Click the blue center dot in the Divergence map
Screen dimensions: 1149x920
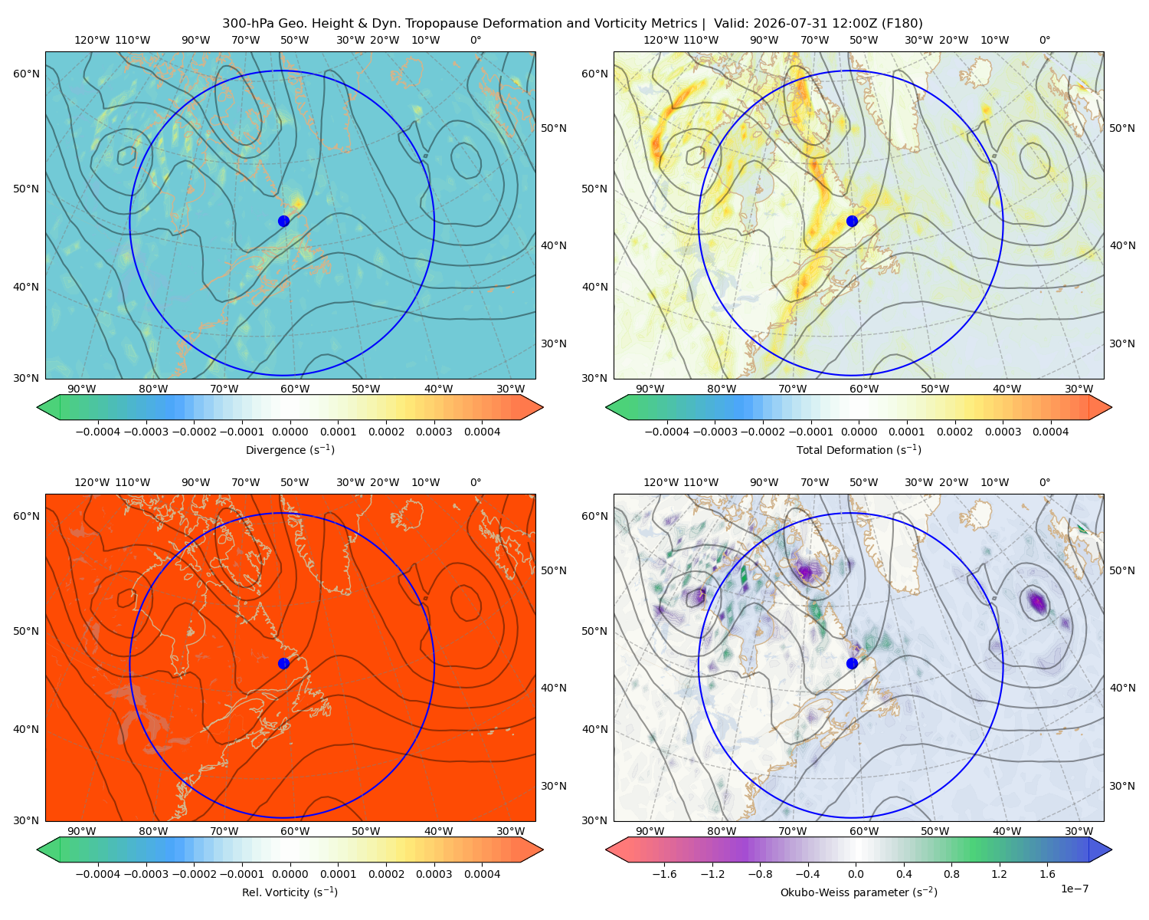point(283,221)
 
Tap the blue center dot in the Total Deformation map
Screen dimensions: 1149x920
point(852,221)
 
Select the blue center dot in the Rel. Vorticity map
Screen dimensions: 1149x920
point(283,663)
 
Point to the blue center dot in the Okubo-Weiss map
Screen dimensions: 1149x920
point(852,663)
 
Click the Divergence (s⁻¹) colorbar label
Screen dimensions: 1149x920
point(290,449)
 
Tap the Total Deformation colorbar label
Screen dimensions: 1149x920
point(859,449)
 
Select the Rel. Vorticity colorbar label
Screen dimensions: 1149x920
point(290,892)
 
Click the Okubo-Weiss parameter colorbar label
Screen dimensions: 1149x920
point(859,892)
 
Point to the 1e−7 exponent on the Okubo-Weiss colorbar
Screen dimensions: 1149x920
point(1074,889)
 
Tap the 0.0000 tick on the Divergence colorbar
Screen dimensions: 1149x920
point(290,432)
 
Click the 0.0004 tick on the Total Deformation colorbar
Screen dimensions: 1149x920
point(1050,432)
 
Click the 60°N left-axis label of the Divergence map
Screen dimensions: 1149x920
point(26,74)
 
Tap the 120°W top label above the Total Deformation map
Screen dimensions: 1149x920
point(660,40)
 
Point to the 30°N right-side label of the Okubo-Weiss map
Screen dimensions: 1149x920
point(1122,785)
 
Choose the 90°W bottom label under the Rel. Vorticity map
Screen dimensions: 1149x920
point(82,831)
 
